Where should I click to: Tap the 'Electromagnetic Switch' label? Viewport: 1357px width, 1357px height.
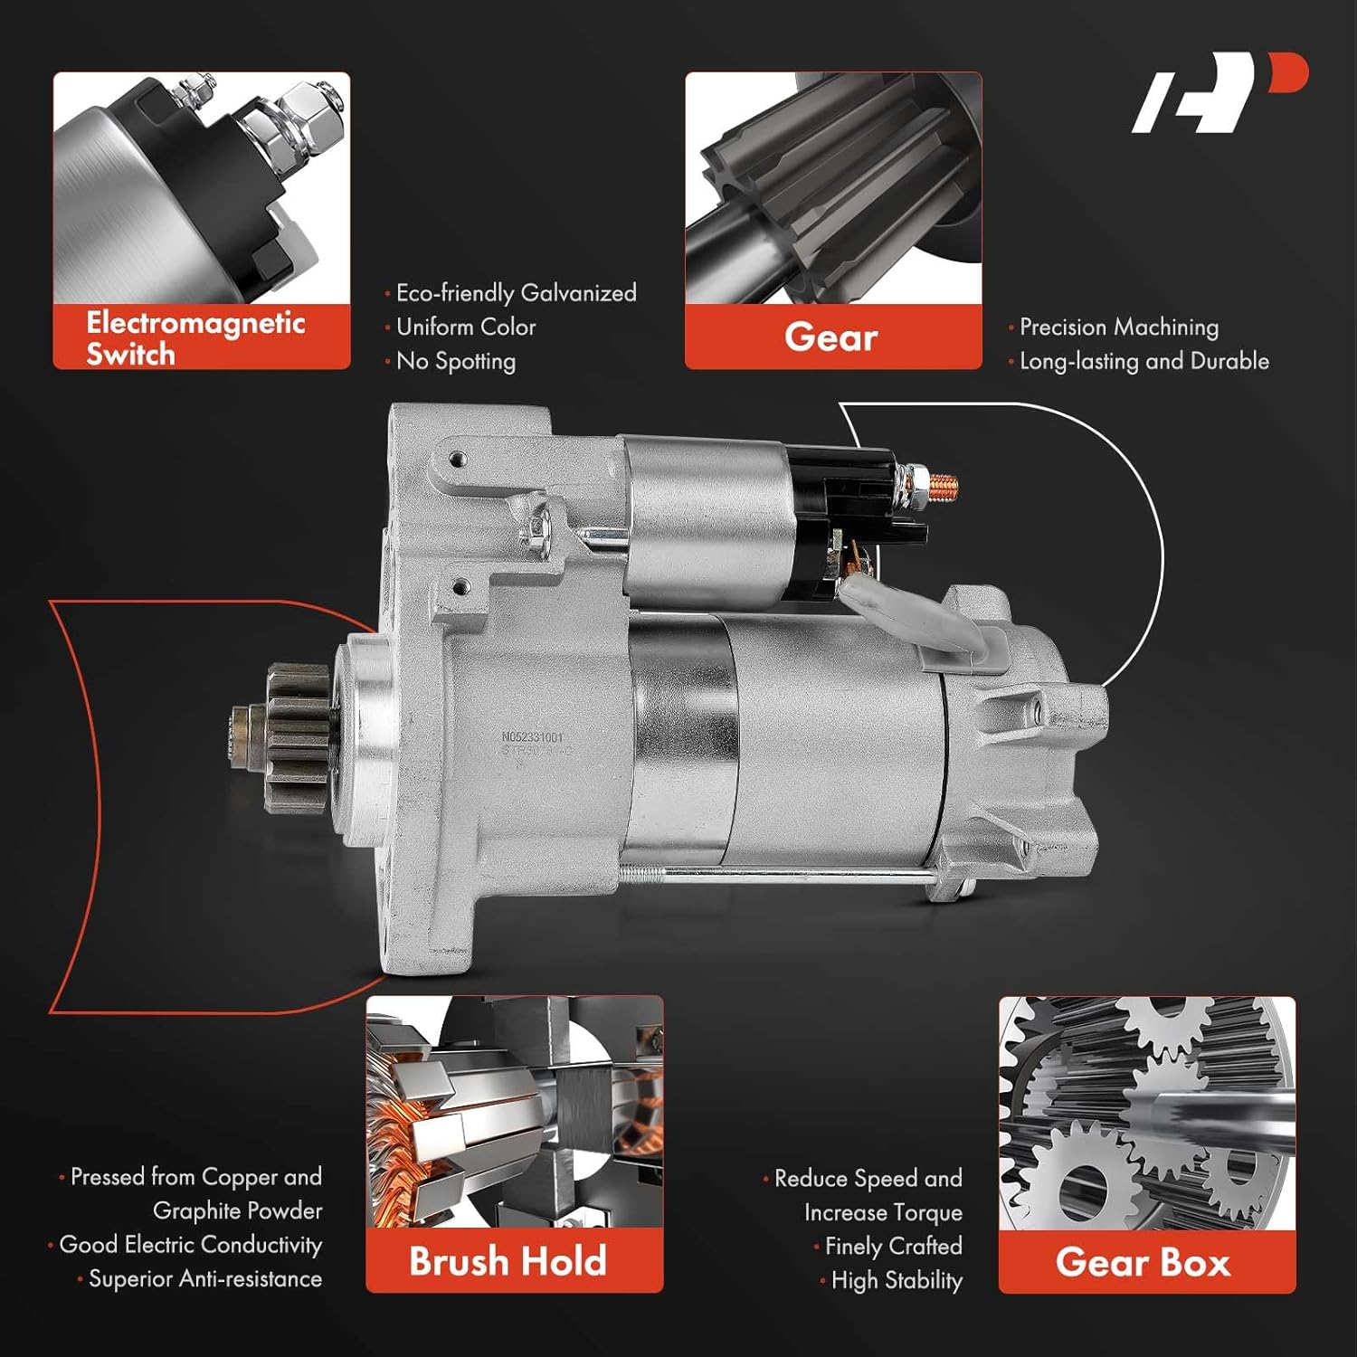pos(195,337)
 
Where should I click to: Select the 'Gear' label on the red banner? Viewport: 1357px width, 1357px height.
pos(831,337)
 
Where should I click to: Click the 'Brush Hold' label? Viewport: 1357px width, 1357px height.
pos(508,1261)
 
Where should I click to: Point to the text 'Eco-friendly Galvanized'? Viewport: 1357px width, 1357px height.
pos(516,293)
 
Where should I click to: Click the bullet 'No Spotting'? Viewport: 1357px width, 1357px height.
pos(456,361)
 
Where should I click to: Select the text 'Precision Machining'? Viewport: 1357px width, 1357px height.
pos(1119,327)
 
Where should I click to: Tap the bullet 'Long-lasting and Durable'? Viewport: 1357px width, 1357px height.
pos(1144,361)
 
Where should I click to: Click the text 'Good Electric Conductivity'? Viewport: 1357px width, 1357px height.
pos(190,1245)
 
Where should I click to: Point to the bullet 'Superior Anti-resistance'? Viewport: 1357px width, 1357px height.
pos(205,1278)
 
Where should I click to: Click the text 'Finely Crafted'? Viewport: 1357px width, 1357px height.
pos(893,1247)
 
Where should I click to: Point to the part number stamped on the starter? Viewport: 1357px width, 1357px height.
pos(532,738)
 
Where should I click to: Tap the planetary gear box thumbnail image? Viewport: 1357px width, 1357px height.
pos(1147,1113)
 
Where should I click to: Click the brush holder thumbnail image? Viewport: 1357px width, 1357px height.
pos(514,1113)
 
